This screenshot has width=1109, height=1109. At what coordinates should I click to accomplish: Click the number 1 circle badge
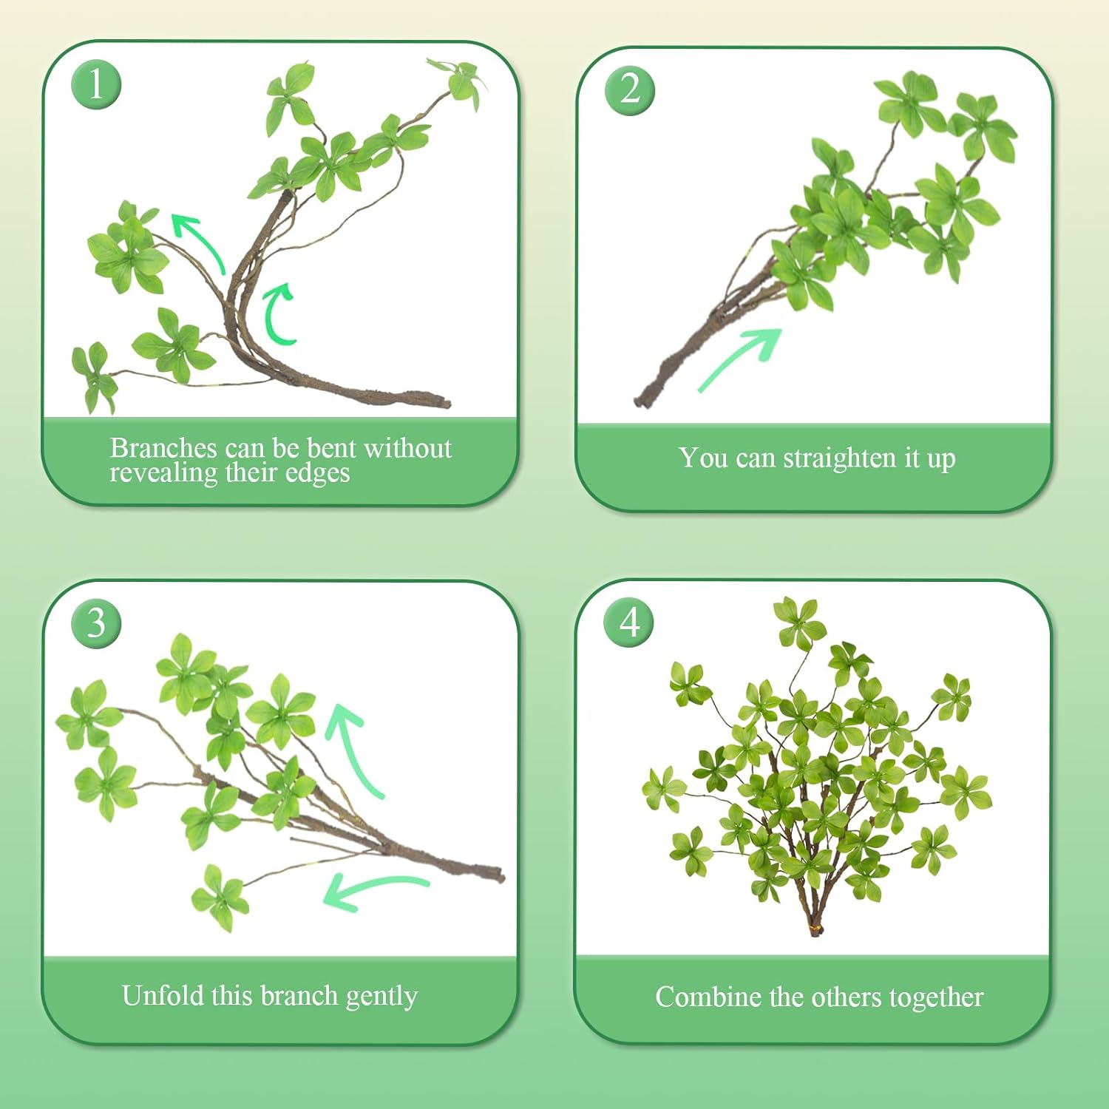[96, 84]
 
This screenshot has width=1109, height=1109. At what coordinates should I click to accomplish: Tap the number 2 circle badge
[629, 89]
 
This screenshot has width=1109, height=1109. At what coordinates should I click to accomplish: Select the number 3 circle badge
[96, 623]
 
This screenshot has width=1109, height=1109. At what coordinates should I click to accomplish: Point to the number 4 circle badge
[629, 622]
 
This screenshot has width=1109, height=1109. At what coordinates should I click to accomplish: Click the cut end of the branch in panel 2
[640, 400]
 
